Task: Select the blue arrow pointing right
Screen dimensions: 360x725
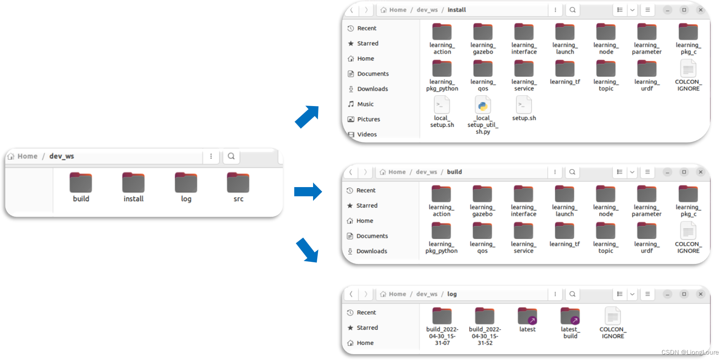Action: [x=308, y=192]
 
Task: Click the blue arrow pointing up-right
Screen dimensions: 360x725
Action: [x=307, y=117]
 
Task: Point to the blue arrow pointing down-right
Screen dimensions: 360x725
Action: [x=308, y=250]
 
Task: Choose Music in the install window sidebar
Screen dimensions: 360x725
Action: [x=365, y=104]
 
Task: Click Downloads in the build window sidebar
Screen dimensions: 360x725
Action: [x=371, y=251]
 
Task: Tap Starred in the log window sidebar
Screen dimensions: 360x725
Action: [x=367, y=328]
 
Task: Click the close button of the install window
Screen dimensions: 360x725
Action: [x=701, y=10]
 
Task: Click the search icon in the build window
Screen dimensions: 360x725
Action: [x=572, y=172]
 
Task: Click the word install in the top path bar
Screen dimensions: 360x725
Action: [x=457, y=10]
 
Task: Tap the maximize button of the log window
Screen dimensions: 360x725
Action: [x=684, y=294]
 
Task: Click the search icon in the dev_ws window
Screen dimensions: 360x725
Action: [x=231, y=156]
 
